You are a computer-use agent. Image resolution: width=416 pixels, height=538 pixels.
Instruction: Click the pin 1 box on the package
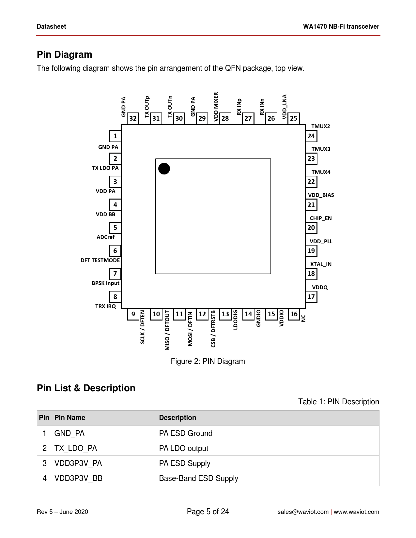coord(115,136)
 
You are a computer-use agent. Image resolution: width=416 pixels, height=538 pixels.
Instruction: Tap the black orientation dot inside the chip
coord(164,169)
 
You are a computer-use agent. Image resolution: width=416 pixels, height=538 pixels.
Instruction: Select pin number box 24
coord(311,136)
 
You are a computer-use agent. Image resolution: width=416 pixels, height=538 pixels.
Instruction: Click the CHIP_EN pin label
coord(321,218)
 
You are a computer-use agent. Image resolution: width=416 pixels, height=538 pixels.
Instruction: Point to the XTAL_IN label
coord(321,264)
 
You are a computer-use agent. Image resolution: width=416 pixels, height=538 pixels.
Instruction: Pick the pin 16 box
coord(294,314)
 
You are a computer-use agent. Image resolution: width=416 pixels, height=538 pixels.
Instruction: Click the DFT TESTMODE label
coord(100,260)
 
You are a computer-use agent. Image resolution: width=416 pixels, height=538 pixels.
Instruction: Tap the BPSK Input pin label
coord(105,283)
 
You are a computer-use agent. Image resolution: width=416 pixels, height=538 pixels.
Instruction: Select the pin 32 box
coord(133,118)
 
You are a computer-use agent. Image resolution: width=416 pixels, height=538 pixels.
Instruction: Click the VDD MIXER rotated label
coord(216,107)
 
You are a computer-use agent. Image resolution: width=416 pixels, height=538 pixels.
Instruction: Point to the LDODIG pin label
coord(236,320)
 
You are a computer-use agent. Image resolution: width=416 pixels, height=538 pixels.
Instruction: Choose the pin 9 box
coord(133,314)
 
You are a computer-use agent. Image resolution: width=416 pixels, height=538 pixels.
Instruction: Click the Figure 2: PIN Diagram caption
coord(208,361)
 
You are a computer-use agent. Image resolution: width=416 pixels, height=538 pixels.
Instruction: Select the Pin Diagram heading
coord(65,54)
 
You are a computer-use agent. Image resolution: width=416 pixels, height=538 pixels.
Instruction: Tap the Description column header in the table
coord(177,418)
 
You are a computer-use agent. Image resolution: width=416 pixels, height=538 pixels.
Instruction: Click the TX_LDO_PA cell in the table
coord(76,448)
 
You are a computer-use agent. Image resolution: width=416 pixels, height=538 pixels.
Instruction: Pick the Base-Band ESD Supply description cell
coord(199,478)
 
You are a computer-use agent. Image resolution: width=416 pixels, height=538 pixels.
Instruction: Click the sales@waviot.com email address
coord(303,512)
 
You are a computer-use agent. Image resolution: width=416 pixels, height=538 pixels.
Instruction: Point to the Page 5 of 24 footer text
coord(208,512)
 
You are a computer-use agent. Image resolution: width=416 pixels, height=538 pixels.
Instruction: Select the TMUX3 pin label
coord(321,149)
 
